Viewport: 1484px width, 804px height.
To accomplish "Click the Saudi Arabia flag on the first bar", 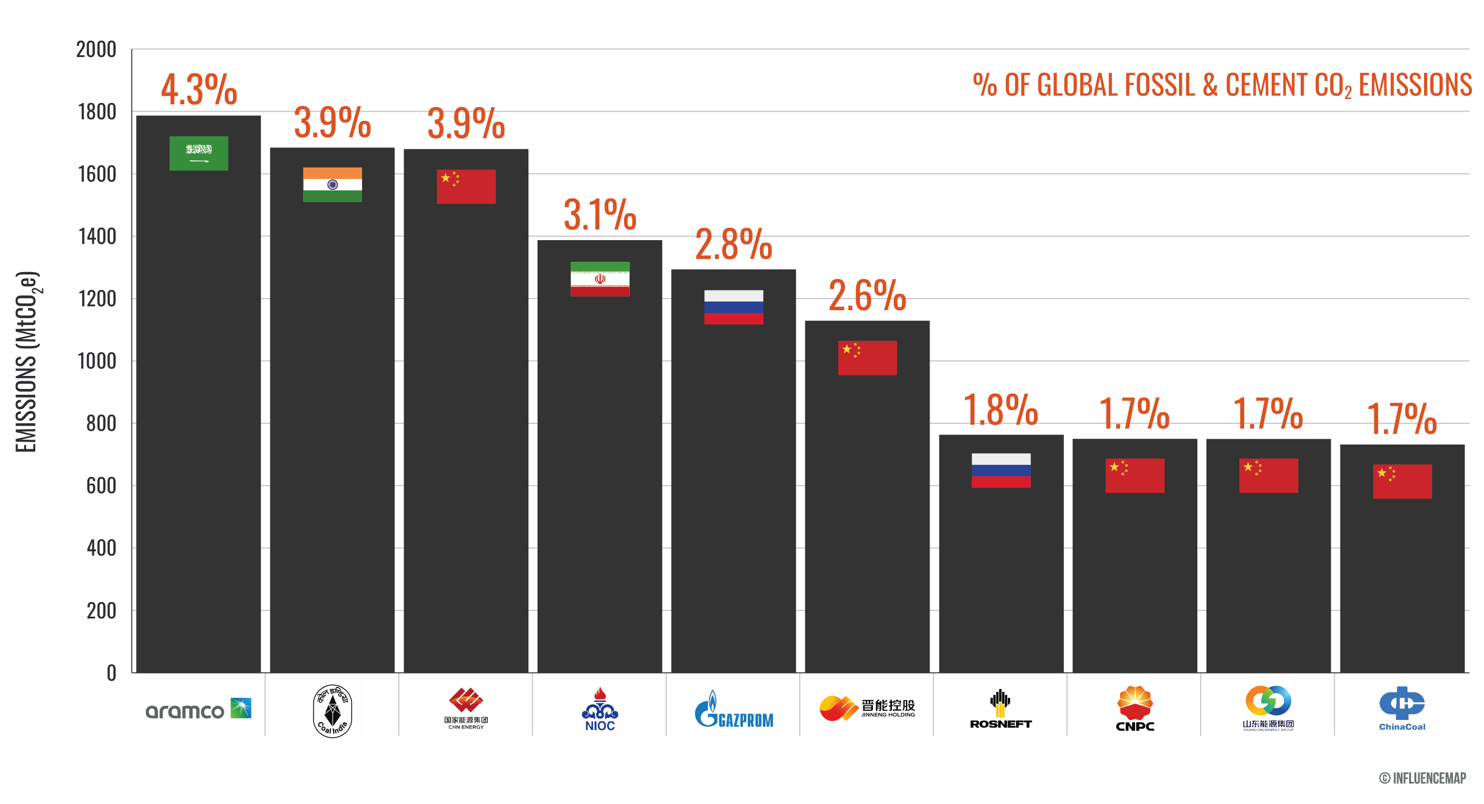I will coord(199,153).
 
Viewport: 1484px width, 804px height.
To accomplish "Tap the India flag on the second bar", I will coord(333,184).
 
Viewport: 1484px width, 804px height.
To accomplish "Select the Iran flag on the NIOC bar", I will coord(600,279).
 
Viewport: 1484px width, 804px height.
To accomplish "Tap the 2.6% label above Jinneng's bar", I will coord(867,295).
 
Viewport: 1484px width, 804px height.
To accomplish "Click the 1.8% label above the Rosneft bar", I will coord(1001,410).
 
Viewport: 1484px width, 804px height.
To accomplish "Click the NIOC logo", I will coord(600,710).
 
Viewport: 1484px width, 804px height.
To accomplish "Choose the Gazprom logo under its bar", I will coord(733,710).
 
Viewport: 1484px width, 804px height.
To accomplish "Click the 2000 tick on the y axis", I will coord(96,50).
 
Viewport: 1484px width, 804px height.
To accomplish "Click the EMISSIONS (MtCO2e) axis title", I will coord(27,362).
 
